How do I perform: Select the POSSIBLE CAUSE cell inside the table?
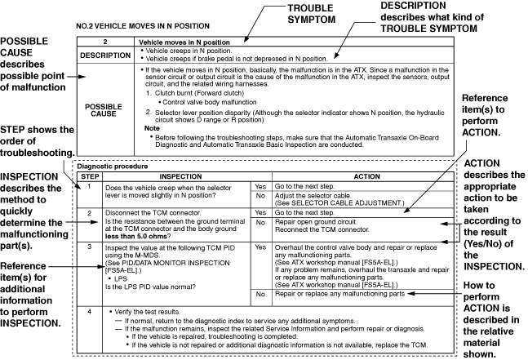105,110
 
